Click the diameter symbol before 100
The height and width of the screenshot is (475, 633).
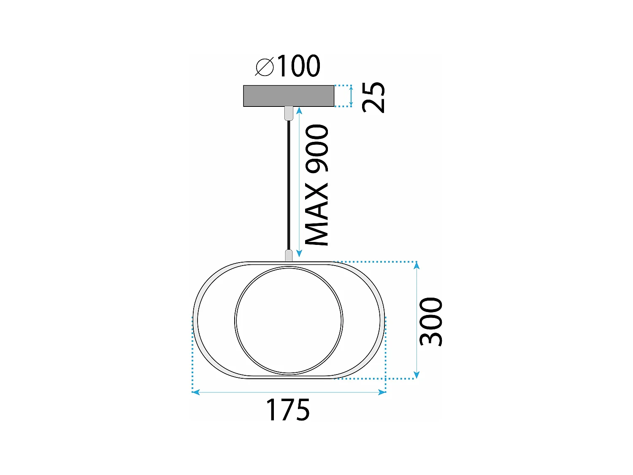(265, 67)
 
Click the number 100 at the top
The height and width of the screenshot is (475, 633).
(298, 66)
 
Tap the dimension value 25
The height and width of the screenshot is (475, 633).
(374, 97)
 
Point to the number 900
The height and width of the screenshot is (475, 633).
(317, 149)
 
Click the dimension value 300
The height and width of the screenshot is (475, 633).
(431, 321)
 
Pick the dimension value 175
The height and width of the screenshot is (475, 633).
(287, 410)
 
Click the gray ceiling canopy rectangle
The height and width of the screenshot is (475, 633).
(289, 96)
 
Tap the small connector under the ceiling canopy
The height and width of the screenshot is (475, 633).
(289, 113)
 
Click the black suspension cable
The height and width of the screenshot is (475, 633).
(289, 186)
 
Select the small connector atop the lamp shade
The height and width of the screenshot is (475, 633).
(289, 255)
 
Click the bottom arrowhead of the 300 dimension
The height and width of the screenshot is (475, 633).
(417, 375)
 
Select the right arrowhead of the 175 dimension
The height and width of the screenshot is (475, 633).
(382, 392)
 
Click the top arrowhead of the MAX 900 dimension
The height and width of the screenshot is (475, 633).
(299, 111)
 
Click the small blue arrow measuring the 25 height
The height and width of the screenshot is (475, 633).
(351, 96)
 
